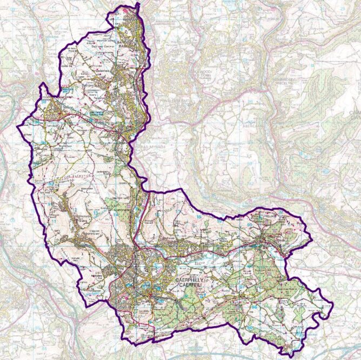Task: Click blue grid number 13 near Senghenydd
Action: point(95,214)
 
